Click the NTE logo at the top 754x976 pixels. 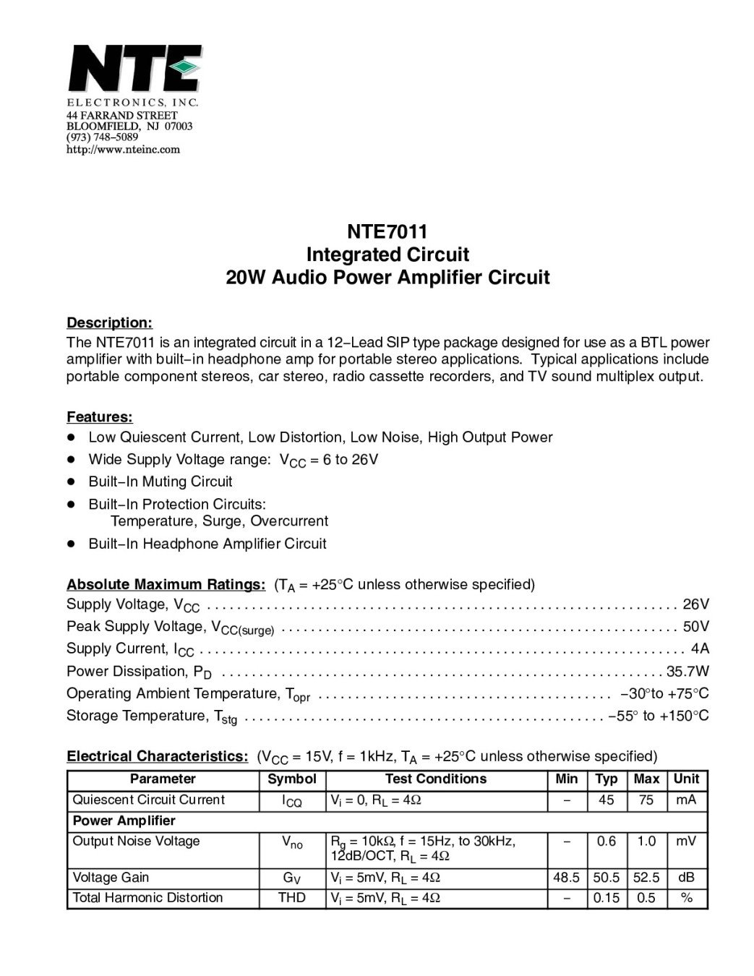point(134,68)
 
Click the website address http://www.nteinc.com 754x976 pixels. point(123,150)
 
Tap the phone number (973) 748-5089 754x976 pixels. point(102,137)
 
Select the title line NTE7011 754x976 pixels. point(387,232)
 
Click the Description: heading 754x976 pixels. point(109,322)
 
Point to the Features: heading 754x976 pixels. point(100,417)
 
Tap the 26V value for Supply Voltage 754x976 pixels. point(695,604)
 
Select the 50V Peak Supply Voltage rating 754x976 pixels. point(695,626)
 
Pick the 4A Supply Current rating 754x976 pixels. point(700,648)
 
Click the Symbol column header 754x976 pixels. point(292,779)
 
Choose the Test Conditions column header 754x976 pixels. point(436,779)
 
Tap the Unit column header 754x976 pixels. point(686,779)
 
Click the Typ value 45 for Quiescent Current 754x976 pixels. point(606,800)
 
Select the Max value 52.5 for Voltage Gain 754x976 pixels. point(646,878)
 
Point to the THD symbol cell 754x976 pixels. point(292,898)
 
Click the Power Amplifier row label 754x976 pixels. point(124,821)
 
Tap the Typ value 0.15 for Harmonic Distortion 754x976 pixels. point(606,898)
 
